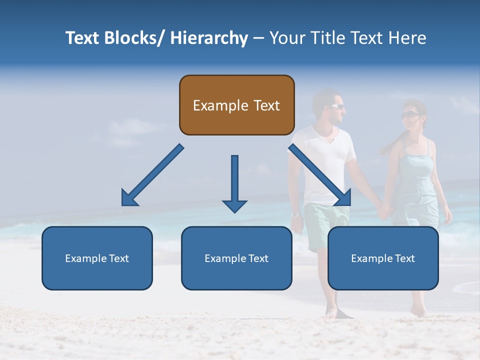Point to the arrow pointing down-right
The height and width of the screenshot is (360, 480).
pos(320,175)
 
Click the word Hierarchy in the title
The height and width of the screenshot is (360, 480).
pos(208,38)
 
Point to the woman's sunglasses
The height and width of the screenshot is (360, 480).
pos(409,115)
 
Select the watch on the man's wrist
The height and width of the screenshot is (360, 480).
pos(295,214)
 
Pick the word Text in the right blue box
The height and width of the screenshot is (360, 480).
pos(404,258)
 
